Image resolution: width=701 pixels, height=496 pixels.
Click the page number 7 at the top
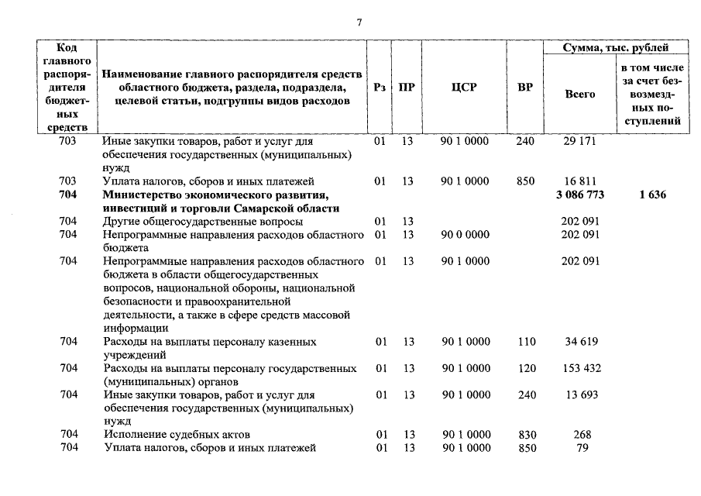(359, 22)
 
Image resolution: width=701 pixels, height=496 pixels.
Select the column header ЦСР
(464, 88)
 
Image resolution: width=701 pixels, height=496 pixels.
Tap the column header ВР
(524, 88)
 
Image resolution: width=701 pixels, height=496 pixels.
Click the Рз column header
(379, 88)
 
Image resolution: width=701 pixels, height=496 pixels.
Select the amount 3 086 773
(580, 195)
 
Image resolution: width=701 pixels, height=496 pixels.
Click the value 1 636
(652, 195)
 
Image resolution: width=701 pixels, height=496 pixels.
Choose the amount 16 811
(580, 181)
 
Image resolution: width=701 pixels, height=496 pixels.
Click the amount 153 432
(580, 368)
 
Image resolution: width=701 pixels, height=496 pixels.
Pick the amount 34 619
(580, 341)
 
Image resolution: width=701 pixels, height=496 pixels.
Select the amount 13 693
(580, 394)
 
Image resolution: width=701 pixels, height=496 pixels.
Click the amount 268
(582, 435)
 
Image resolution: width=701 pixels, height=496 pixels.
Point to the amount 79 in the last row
(582, 448)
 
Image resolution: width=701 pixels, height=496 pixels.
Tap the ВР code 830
(525, 435)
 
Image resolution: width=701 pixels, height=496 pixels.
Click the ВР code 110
(525, 341)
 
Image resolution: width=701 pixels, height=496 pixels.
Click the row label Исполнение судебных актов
(177, 435)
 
